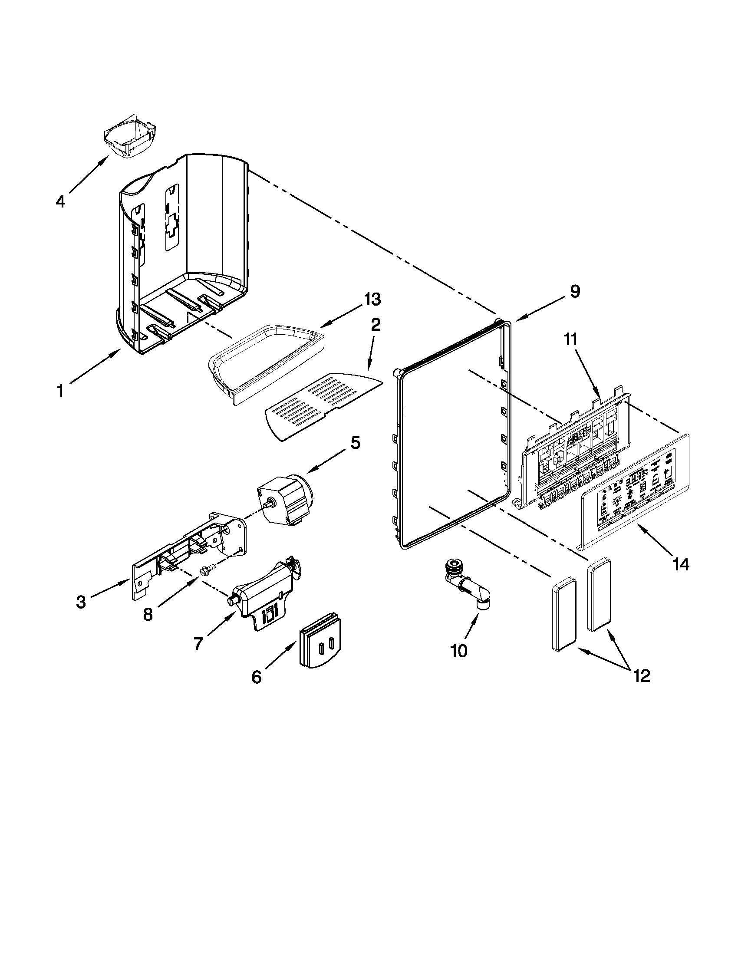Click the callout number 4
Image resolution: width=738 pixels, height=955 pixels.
pos(60,201)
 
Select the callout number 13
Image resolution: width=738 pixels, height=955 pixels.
pos(371,300)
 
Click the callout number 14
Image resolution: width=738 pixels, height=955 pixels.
pos(681,564)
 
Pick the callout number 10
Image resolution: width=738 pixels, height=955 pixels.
pos(458,663)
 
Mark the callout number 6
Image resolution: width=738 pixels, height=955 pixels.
pos(257,677)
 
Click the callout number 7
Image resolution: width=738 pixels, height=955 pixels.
pos(198,644)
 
